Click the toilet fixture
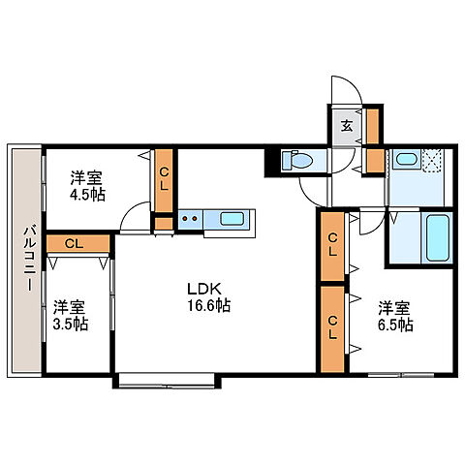coord(297,160)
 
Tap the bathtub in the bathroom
coord(438,238)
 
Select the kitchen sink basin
coord(232,219)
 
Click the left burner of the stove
coord(185,219)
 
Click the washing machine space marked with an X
coord(432,159)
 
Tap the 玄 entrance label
coord(347,126)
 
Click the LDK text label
coord(204,290)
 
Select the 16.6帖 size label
coord(209,305)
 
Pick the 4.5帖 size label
coord(88,195)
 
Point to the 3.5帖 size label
coord(71,324)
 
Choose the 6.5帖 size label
coord(395,325)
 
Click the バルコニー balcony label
coord(29,259)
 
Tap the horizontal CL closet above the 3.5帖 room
coord(77,243)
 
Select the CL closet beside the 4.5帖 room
coord(164,181)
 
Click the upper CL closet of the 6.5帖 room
coord(332,246)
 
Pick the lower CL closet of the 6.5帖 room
coord(332,328)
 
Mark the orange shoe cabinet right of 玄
coord(373,126)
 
